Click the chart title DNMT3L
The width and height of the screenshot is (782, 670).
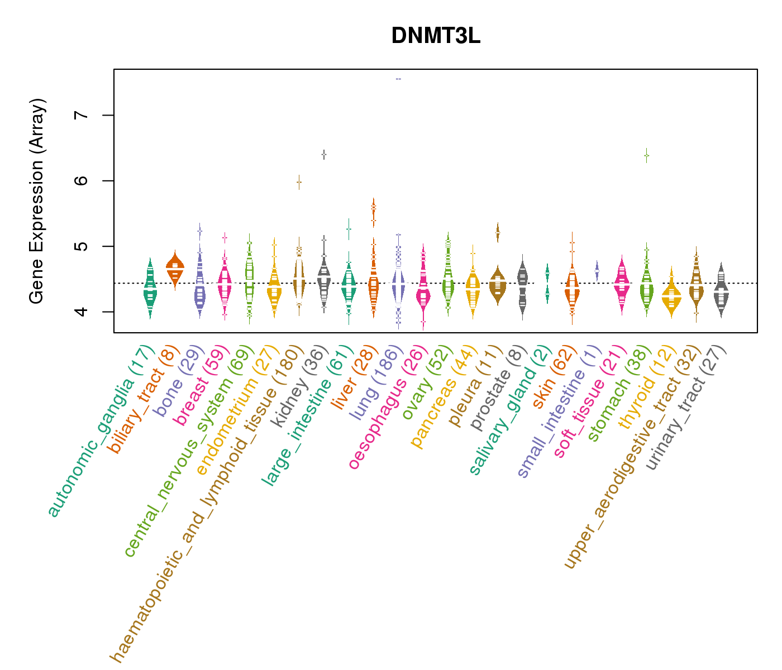436,36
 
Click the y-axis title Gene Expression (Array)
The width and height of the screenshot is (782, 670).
36,201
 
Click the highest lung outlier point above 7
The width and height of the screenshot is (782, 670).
398,79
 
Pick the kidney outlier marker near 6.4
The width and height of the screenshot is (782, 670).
323,154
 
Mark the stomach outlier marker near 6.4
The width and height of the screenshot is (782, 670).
646,156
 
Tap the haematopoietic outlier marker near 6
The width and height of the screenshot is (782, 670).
299,182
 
